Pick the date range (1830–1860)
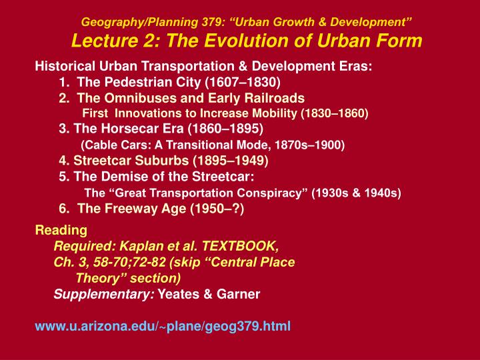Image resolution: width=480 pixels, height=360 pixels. [334, 113]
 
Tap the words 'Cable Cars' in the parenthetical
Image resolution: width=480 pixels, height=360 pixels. [109, 144]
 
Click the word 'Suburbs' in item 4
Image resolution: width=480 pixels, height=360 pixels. [162, 161]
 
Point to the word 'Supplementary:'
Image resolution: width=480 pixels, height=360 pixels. [104, 294]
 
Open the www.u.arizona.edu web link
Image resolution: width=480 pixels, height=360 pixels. [162, 327]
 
